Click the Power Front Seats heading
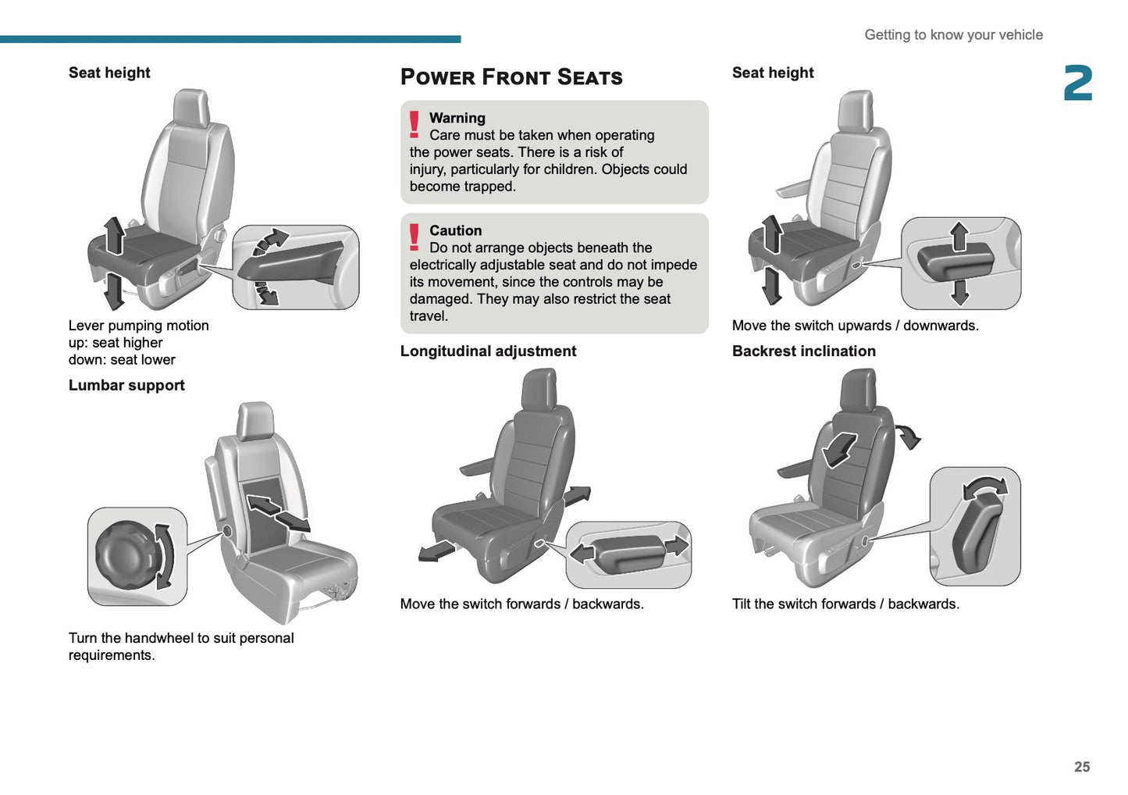pos(511,77)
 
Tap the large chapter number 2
pos(1077,84)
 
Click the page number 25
pos(1081,767)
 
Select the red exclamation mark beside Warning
pos(415,125)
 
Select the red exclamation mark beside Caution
pos(415,237)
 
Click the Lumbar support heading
pos(126,385)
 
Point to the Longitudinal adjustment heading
pos(488,351)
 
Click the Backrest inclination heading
pos(803,351)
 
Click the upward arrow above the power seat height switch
pos(959,235)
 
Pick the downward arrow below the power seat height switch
pos(959,292)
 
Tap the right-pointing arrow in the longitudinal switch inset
pos(677,545)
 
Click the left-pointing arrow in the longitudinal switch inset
pos(582,554)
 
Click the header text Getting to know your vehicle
pos(953,35)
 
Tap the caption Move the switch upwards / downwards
pos(855,326)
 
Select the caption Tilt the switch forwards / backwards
pos(845,604)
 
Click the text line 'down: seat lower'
pos(122,360)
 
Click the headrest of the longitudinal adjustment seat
pos(539,388)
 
